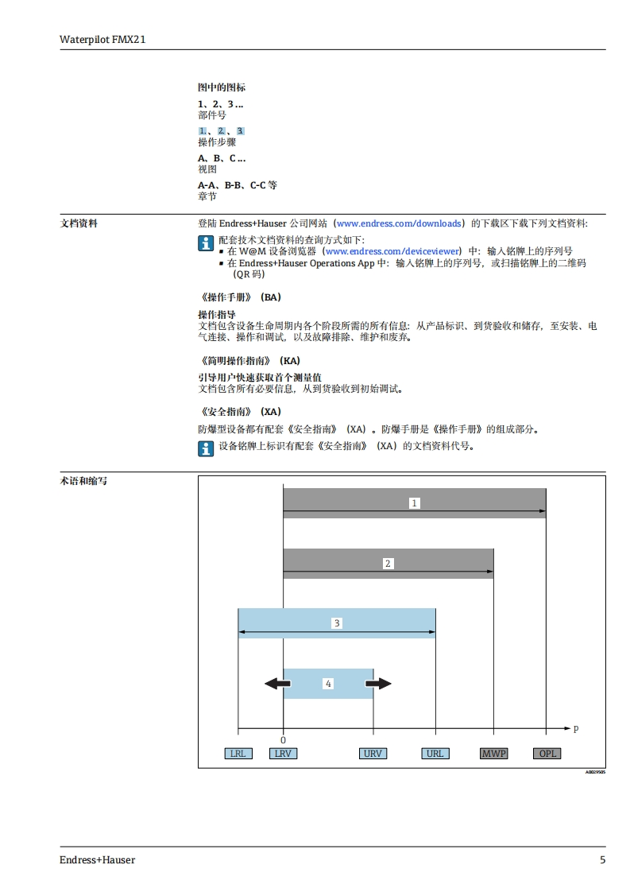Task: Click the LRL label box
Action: (x=237, y=754)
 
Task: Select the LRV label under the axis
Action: (x=283, y=754)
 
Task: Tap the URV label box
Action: (x=373, y=754)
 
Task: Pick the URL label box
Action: (x=435, y=754)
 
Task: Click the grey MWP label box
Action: (x=493, y=754)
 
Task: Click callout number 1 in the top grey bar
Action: (x=414, y=503)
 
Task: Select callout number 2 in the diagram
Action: (x=388, y=564)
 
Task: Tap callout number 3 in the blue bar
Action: (x=337, y=623)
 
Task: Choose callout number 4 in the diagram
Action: (x=328, y=684)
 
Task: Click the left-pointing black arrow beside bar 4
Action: (x=277, y=684)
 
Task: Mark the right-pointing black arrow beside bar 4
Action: (x=379, y=684)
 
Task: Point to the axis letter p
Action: (x=576, y=728)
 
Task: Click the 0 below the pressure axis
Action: (x=283, y=739)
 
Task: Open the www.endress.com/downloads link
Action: (x=399, y=224)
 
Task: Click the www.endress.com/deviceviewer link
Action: (x=392, y=251)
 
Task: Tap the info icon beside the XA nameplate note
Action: (x=206, y=448)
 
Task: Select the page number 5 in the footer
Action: (x=602, y=860)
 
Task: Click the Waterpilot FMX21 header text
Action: (x=102, y=38)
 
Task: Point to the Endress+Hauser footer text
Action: (x=97, y=860)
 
